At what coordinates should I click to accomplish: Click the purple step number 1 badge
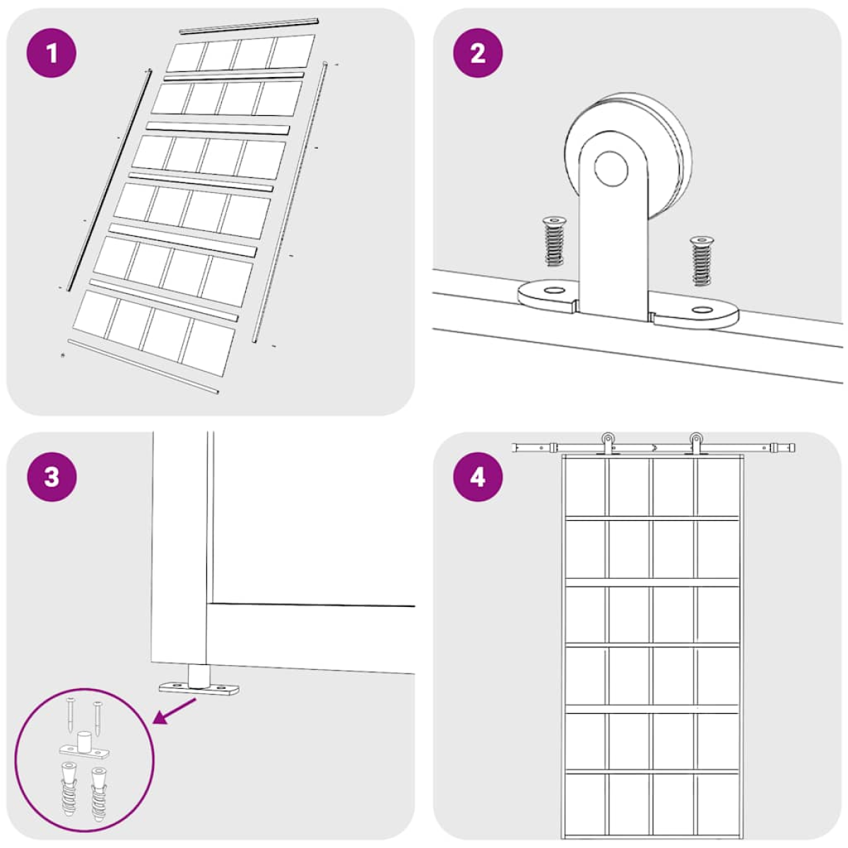pyautogui.click(x=52, y=53)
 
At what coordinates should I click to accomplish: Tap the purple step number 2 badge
pyautogui.click(x=478, y=53)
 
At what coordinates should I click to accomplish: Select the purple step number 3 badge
pyautogui.click(x=52, y=477)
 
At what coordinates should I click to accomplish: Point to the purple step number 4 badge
pyautogui.click(x=478, y=477)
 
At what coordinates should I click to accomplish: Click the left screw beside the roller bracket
pyautogui.click(x=553, y=241)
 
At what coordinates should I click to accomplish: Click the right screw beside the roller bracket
pyautogui.click(x=702, y=261)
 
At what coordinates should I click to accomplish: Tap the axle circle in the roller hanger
pyautogui.click(x=611, y=169)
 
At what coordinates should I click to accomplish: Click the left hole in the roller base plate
pyautogui.click(x=555, y=290)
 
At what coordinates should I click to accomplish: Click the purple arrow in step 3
pyautogui.click(x=174, y=711)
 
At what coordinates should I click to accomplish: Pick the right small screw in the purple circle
pyautogui.click(x=97, y=719)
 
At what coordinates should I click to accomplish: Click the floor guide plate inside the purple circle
pyautogui.click(x=85, y=746)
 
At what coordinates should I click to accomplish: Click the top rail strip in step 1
pyautogui.click(x=249, y=26)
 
